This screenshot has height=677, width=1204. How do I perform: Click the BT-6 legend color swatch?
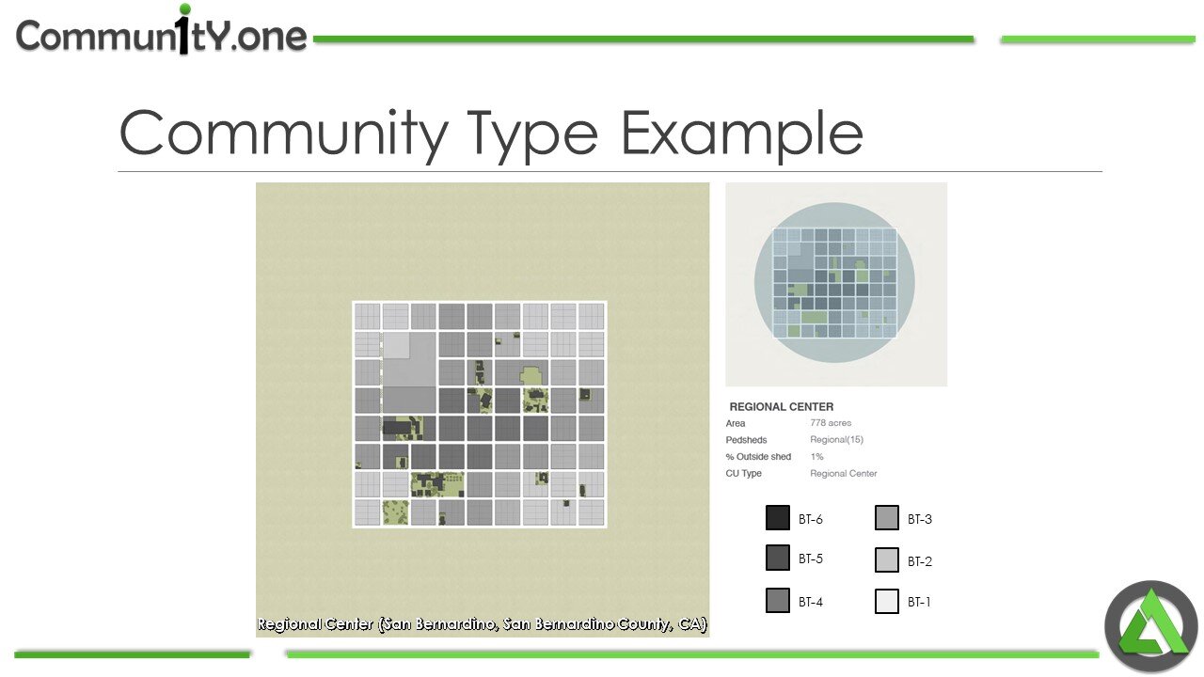click(778, 518)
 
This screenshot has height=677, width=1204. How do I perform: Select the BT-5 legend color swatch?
click(778, 558)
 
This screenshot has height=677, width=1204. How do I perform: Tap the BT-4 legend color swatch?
click(778, 600)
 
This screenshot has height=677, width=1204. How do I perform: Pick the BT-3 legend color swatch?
click(887, 518)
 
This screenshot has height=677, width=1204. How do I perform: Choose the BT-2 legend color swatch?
click(887, 560)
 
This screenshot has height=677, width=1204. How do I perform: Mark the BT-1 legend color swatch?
click(887, 601)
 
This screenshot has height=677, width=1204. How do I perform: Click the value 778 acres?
click(831, 423)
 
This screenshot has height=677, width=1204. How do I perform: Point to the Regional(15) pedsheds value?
click(836, 440)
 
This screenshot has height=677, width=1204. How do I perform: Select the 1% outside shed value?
click(816, 457)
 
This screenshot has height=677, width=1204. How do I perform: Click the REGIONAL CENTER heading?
click(782, 407)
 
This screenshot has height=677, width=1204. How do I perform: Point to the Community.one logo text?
click(162, 36)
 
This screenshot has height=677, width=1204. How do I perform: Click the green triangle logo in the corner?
click(1150, 627)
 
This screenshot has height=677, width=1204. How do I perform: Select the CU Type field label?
click(743, 474)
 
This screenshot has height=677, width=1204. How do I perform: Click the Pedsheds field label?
click(746, 440)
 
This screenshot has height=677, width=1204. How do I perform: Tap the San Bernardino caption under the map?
click(483, 624)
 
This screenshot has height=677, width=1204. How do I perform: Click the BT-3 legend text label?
click(920, 519)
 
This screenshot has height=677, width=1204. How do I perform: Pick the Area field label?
click(736, 423)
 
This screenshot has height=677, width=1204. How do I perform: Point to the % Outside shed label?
click(758, 457)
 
